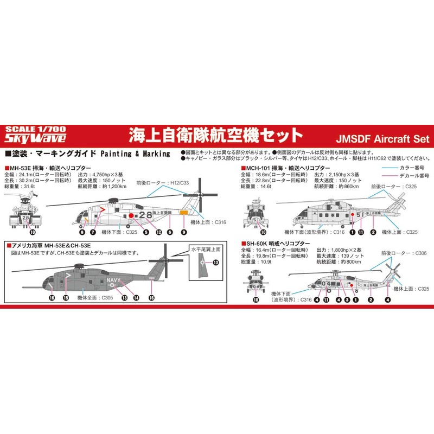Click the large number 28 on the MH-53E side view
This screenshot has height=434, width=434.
(x=145, y=214)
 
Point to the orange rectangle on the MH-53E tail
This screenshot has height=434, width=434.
(x=184, y=212)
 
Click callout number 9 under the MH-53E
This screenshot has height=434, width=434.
(x=184, y=232)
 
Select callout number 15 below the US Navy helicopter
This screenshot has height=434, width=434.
(x=65, y=297)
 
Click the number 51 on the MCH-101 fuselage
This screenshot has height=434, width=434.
(x=359, y=214)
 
